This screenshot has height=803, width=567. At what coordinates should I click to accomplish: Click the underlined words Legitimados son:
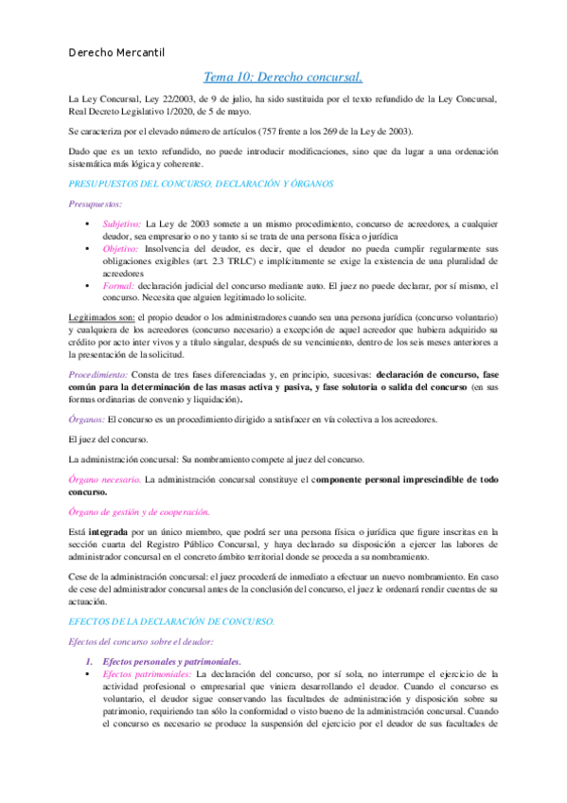(102, 313)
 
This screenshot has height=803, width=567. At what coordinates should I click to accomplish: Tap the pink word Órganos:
(87, 419)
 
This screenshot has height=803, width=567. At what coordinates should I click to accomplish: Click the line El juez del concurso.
(108, 439)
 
